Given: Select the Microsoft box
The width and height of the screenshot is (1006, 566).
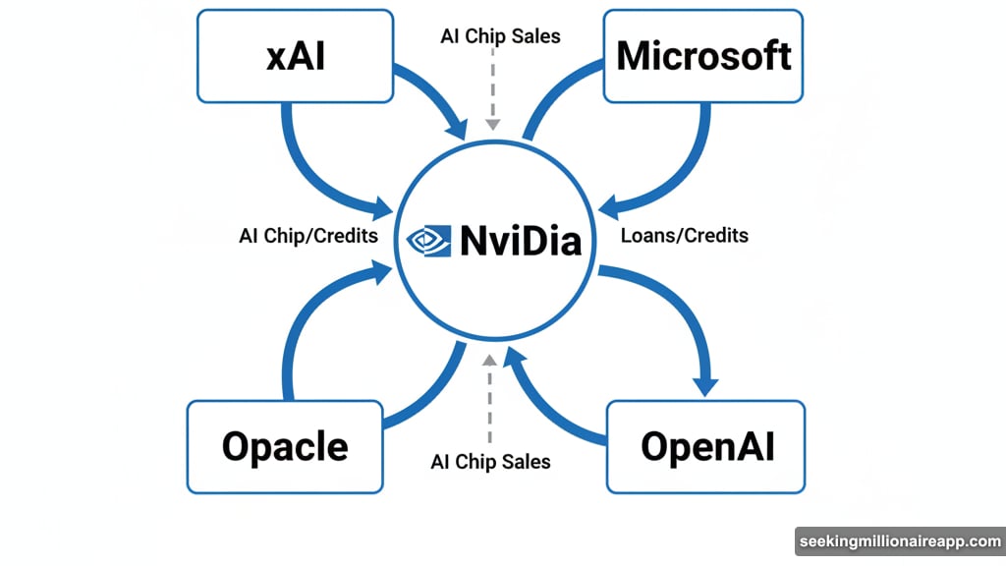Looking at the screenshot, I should [703, 56].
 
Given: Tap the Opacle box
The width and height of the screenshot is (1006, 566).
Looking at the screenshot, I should [285, 446].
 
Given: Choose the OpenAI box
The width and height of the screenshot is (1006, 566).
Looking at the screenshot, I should [707, 446].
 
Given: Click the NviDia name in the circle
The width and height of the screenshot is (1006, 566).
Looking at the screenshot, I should [521, 241].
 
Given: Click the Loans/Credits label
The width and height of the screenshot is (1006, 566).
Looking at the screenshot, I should [685, 236].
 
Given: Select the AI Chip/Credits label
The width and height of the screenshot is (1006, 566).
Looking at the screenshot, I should [308, 237].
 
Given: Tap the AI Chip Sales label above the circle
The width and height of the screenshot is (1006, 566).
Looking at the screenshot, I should [500, 36].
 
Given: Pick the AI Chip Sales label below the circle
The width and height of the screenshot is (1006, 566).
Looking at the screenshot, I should [491, 461].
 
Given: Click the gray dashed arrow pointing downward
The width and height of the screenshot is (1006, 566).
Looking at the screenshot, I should [492, 93].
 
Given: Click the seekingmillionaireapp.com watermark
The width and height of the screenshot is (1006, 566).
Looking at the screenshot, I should [899, 541].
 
